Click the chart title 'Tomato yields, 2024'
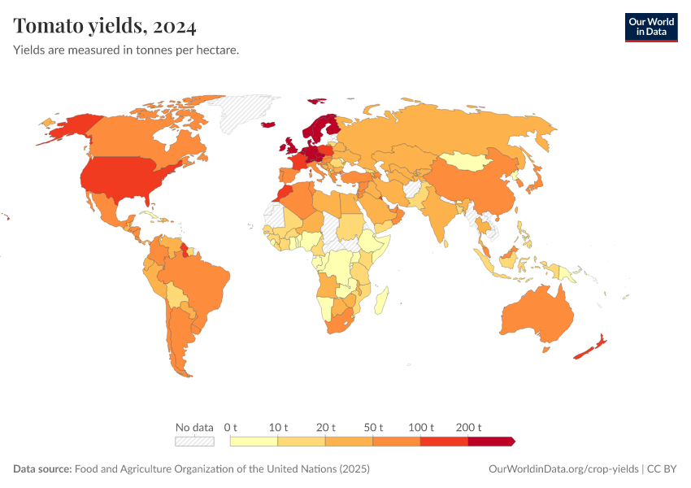105,27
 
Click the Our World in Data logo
650,27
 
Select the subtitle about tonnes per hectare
126,50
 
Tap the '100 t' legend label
420,428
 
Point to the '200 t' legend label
468,428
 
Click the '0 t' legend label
231,428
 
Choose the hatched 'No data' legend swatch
194,442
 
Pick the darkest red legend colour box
490,442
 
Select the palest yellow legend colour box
254,442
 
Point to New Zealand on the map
589,348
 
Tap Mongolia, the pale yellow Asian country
472,160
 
